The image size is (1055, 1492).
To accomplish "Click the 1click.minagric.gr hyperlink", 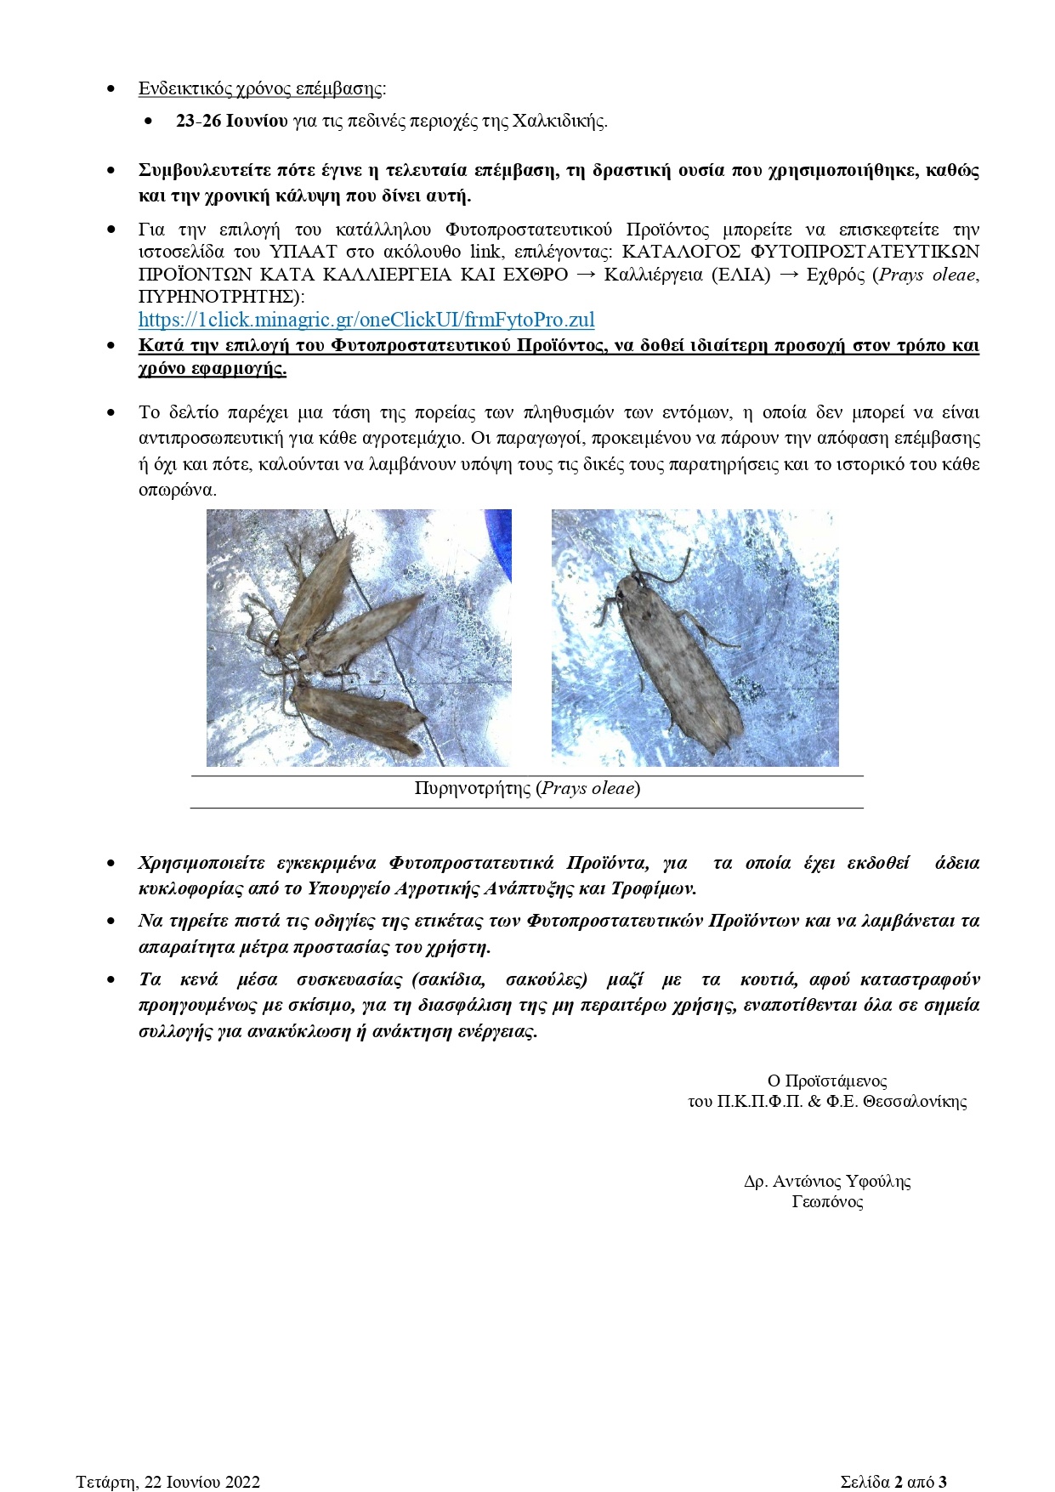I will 366,321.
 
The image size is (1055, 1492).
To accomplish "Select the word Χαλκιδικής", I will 559,121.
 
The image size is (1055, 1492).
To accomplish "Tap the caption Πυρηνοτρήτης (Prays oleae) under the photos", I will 527,788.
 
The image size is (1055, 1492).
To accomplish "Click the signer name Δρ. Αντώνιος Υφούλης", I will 826,1182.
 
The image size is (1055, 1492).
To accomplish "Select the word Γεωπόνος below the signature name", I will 826,1202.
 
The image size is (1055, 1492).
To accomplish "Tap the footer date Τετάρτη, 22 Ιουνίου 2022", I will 167,1482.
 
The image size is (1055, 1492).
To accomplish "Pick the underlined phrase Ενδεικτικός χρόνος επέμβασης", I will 260,89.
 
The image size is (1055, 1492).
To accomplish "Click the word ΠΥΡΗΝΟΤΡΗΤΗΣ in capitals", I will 218,297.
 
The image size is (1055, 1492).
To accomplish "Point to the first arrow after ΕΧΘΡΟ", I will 586,275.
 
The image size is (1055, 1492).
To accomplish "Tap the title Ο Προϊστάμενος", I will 826,1081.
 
